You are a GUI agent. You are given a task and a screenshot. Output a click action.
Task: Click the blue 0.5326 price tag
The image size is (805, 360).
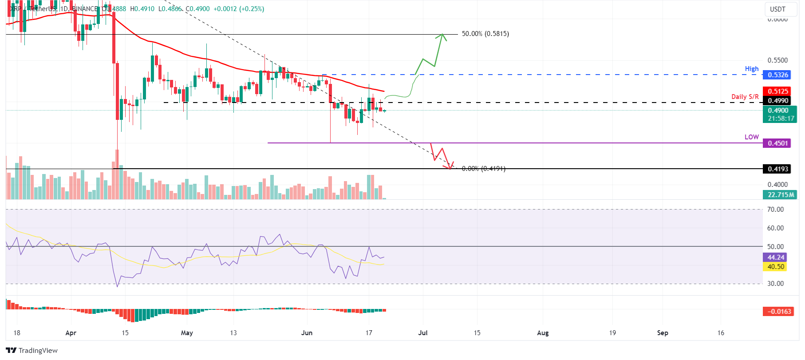point(777,75)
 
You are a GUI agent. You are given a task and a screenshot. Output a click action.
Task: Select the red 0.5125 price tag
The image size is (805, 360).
point(777,91)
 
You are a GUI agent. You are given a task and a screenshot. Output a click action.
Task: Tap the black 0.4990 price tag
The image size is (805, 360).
point(777,101)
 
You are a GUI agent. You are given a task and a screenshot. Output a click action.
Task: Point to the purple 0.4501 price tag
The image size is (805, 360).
point(777,143)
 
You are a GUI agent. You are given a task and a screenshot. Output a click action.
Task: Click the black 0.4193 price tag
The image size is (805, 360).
point(777,169)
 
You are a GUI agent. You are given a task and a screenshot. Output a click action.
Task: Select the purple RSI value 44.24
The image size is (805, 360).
point(776,257)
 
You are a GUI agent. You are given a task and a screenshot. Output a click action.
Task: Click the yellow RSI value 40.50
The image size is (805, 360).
point(776,267)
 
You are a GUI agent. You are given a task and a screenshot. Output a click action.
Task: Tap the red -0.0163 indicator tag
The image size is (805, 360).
point(779,312)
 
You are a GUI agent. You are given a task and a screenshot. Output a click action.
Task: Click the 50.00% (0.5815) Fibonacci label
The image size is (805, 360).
point(485,34)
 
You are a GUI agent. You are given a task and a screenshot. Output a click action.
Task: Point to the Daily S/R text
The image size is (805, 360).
point(745,97)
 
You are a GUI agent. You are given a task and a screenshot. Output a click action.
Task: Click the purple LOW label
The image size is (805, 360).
point(751,137)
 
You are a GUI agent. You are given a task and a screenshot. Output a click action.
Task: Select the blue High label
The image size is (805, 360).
point(751,69)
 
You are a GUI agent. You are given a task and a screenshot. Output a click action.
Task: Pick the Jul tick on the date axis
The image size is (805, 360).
point(423,333)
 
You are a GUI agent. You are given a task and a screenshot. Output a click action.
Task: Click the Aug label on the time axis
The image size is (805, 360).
point(543,333)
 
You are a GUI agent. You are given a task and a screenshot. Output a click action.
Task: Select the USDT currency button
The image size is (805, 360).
point(777,9)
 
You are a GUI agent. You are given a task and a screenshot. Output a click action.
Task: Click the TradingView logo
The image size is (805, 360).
point(32,350)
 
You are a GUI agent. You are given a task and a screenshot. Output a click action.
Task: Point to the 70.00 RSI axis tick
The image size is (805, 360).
point(775,210)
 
